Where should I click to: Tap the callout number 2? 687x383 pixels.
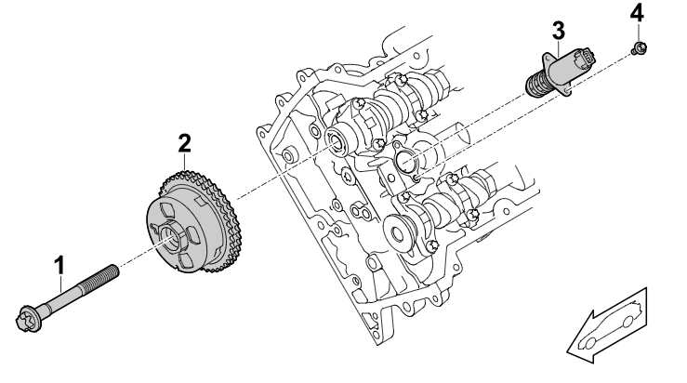[x=185, y=142]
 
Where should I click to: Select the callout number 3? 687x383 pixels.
[x=557, y=29]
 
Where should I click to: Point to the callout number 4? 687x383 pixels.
[x=636, y=14]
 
